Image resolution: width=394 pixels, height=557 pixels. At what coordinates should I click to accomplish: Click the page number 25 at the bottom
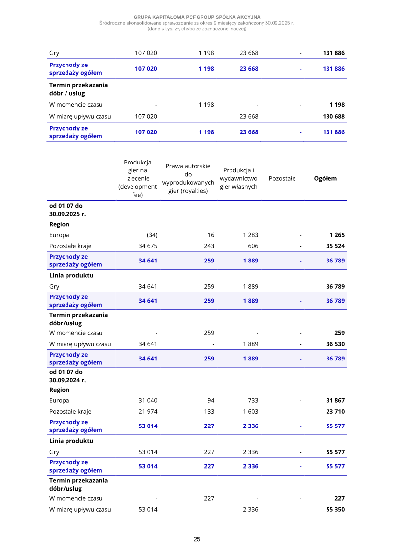[x=197, y=539]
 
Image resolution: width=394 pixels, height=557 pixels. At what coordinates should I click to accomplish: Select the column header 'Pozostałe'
[x=282, y=178]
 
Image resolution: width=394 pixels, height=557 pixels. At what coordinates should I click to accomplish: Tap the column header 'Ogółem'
[x=325, y=178]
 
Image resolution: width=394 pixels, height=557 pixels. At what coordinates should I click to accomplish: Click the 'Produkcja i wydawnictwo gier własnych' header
[x=238, y=178]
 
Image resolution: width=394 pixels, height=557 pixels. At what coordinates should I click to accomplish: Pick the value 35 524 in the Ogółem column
[x=335, y=246]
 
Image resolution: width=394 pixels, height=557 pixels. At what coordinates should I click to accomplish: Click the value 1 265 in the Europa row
[x=337, y=235]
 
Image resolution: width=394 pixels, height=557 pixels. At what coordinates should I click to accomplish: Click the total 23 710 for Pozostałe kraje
[x=335, y=411]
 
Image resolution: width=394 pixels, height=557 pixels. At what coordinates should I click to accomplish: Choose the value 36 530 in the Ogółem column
[x=335, y=344]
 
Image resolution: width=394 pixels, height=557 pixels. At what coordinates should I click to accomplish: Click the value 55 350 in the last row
[x=335, y=509]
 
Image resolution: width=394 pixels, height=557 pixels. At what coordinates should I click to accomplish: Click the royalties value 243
[x=209, y=246]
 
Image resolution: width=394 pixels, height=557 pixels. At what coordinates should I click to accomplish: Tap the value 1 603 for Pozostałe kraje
[x=250, y=411]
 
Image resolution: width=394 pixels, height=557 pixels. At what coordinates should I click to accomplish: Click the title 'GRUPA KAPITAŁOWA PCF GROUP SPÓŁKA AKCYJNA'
[x=197, y=17]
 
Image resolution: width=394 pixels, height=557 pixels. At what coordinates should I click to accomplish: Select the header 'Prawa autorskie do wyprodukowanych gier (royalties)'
[x=188, y=178]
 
